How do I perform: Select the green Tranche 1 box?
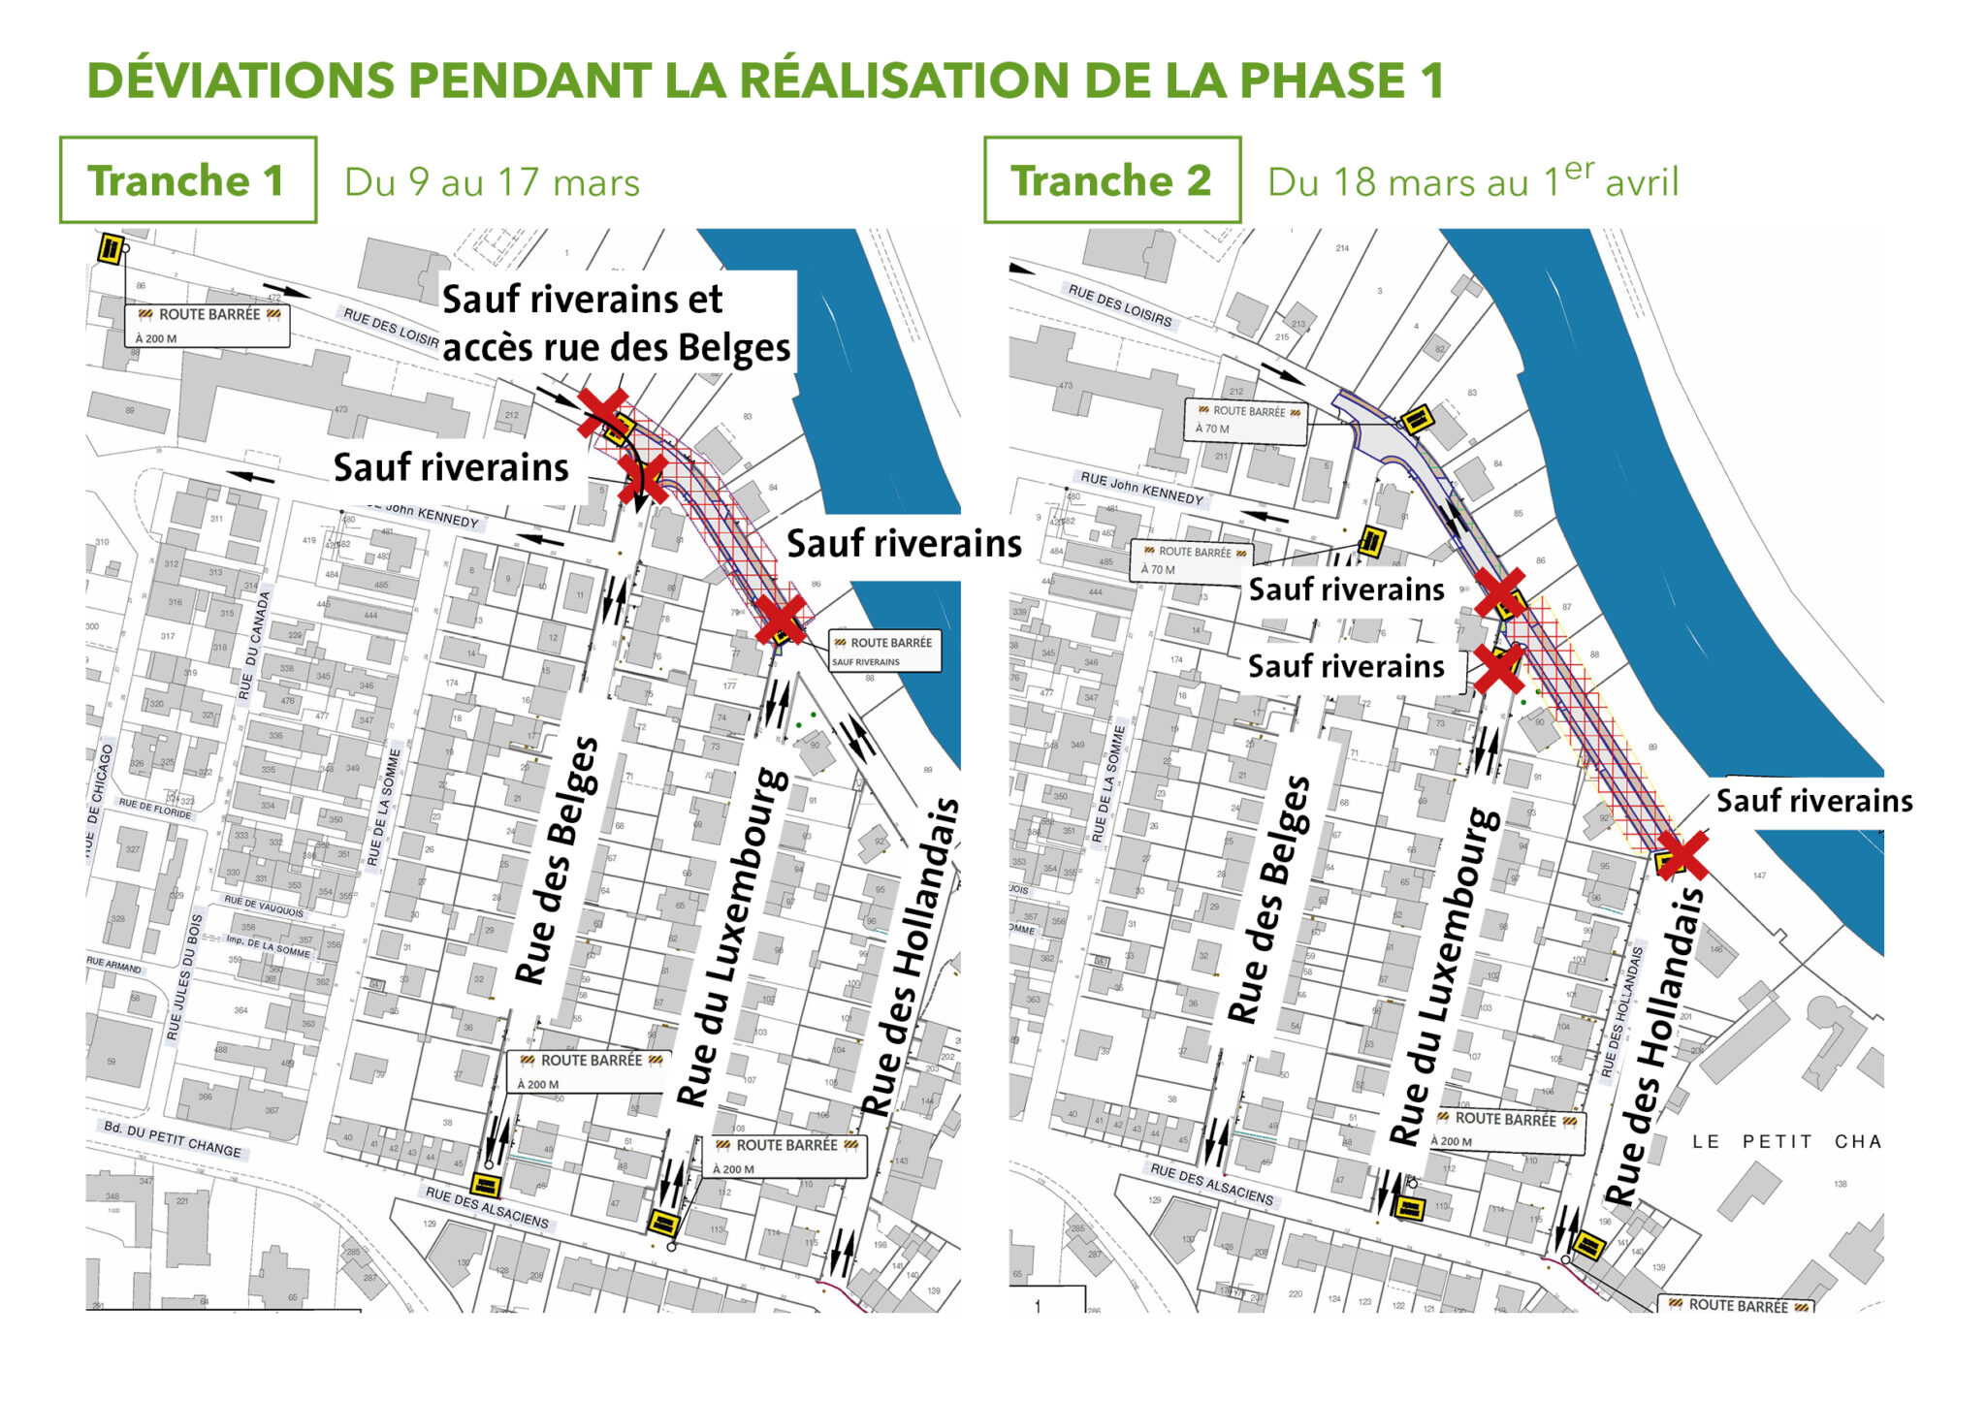pos(187,180)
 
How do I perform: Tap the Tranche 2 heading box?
pos(1111,180)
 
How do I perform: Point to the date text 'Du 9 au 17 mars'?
pos(492,183)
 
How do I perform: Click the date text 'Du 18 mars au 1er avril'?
pos(1472,181)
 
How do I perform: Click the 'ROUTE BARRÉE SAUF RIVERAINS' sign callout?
pos(884,651)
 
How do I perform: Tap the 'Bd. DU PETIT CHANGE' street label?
pos(173,1139)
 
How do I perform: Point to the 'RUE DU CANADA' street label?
pos(251,646)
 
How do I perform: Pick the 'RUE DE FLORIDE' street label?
pos(155,808)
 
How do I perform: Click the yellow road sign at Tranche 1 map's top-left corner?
pos(111,249)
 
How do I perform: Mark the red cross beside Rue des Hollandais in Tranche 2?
pos(1682,854)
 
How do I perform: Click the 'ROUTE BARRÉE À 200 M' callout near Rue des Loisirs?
pos(208,325)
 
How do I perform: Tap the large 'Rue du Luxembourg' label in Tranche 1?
pos(732,937)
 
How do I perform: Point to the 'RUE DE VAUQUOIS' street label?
pos(264,907)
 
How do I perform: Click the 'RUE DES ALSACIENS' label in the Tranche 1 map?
pos(487,1207)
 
